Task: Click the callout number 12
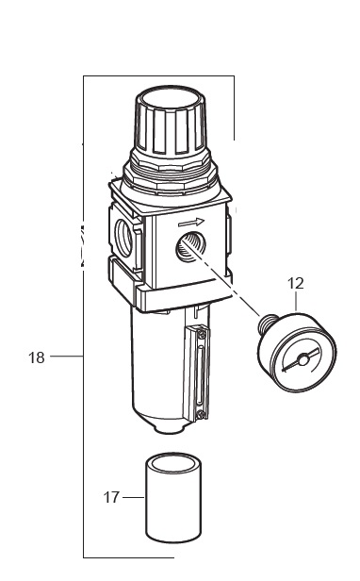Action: pyautogui.click(x=296, y=284)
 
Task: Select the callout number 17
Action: pyautogui.click(x=111, y=497)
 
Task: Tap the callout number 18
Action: pyautogui.click(x=37, y=357)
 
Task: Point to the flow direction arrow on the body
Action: pyautogui.click(x=191, y=223)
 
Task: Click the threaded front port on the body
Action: pyautogui.click(x=188, y=246)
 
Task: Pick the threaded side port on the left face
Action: pyautogui.click(x=124, y=238)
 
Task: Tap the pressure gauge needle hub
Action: pyautogui.click(x=303, y=359)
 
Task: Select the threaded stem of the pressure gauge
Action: pyautogui.click(x=269, y=322)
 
